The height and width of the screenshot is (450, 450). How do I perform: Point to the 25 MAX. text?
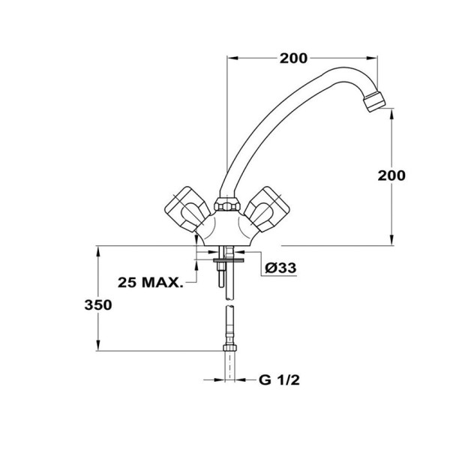151,283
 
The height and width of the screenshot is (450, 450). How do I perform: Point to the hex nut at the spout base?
224,203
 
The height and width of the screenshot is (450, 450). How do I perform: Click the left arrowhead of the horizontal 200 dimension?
229,57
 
